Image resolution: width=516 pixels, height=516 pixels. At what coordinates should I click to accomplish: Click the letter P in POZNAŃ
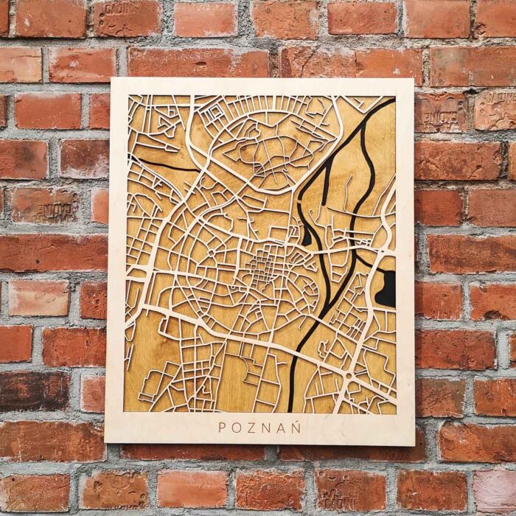point(222,428)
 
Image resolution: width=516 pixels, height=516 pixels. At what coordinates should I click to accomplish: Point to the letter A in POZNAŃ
point(282,428)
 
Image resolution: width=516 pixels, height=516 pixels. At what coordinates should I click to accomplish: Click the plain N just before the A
point(268,428)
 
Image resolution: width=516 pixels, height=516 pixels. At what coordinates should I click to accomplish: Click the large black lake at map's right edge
point(386,287)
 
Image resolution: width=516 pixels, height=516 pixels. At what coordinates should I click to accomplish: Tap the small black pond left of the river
point(307,236)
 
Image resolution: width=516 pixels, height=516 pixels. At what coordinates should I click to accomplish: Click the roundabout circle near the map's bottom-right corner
point(347,375)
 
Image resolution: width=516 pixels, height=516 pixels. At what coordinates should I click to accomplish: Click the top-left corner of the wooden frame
point(112,80)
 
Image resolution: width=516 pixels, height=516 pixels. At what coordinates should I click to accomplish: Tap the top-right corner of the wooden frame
point(413,80)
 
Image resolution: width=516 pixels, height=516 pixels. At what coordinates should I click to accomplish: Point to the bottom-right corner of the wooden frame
point(414,444)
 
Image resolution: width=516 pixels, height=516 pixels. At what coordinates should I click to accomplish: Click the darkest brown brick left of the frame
point(33,391)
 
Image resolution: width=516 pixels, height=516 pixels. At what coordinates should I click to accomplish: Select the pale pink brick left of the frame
point(38,299)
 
